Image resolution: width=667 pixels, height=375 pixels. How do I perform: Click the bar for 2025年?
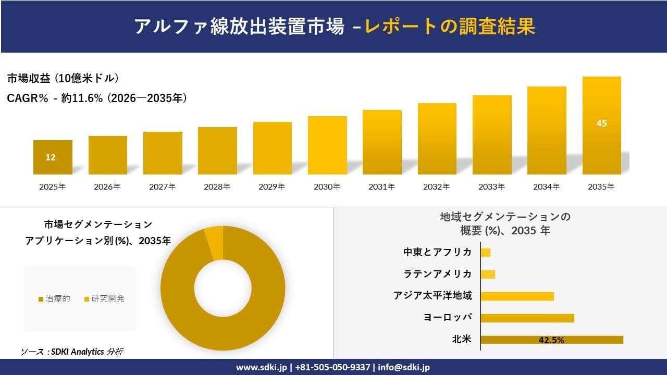click(53, 157)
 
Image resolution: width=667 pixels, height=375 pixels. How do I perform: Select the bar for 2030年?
click(327, 145)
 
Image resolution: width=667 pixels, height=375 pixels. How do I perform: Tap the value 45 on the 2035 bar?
click(601, 124)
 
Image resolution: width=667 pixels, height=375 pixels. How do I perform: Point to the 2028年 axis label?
click(217, 186)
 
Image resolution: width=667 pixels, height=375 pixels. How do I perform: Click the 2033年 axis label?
click(491, 186)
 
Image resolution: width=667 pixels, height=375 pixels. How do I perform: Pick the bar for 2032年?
click(437, 139)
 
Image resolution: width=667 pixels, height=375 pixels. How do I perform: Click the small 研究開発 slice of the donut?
click(214, 243)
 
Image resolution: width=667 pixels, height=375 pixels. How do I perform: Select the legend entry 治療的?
click(54, 299)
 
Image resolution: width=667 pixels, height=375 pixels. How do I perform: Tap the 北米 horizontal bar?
click(551, 340)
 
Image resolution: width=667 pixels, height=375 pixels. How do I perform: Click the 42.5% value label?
click(551, 340)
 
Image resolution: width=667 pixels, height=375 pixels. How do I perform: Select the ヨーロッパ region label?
click(448, 318)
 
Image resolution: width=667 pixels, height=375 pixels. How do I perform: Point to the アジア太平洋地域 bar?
click(517, 296)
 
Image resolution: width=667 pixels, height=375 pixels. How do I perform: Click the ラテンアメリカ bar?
click(488, 274)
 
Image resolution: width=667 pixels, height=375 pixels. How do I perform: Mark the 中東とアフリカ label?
click(437, 252)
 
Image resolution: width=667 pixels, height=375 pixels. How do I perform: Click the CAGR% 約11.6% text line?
click(97, 98)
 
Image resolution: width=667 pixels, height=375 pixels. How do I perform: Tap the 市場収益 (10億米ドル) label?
click(63, 79)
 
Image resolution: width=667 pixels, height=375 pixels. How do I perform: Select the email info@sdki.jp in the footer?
click(404, 367)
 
